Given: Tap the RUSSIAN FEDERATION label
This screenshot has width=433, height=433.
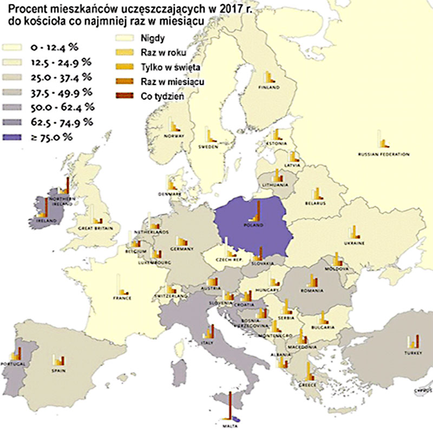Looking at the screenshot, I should [x=383, y=155].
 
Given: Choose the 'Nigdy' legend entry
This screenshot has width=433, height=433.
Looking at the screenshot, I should [x=150, y=38].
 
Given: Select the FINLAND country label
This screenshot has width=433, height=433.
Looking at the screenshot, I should [x=269, y=87].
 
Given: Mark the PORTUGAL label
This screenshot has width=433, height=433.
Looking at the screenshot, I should [x=15, y=364].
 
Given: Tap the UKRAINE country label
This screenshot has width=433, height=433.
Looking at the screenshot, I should [x=354, y=243].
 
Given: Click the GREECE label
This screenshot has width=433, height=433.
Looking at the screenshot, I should [x=310, y=385].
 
